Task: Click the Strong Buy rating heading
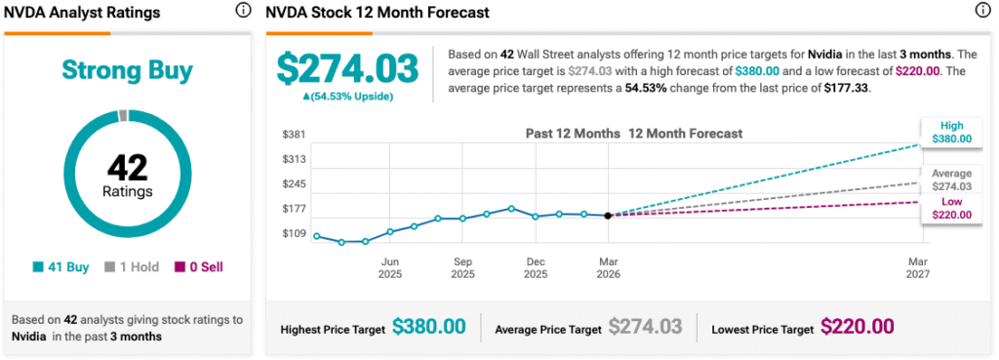[x=127, y=71]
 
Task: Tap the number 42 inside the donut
[x=127, y=168]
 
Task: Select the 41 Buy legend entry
[x=62, y=267]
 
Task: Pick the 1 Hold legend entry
[x=132, y=267]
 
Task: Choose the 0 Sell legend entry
[x=199, y=267]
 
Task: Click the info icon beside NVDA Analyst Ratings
[x=243, y=11]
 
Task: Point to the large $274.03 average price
[x=347, y=69]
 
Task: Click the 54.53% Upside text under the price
[x=347, y=97]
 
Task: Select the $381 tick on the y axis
[x=294, y=135]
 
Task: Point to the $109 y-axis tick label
[x=294, y=234]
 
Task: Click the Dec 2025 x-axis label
[x=536, y=267]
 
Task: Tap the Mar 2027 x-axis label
[x=918, y=267]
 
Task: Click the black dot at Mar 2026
[x=609, y=216]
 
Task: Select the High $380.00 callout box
[x=952, y=132]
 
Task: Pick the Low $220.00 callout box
[x=952, y=209]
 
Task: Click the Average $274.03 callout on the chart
[x=952, y=180]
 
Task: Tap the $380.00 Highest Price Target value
[x=429, y=327]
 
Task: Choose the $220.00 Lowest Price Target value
[x=857, y=327]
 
